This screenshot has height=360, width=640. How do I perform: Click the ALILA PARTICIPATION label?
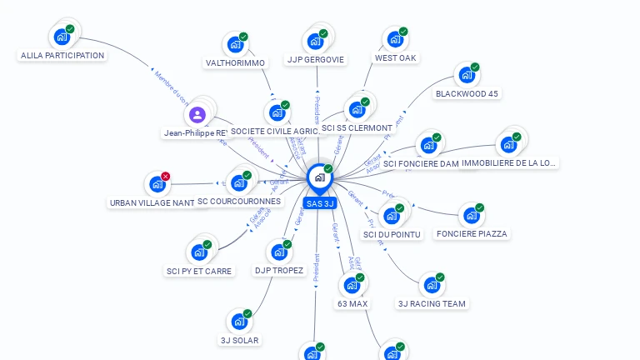pos(62,56)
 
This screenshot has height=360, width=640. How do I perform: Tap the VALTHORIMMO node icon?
pos(235,43)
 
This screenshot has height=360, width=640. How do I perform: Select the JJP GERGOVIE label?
pos(316,59)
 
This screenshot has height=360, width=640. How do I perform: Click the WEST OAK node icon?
pos(395,38)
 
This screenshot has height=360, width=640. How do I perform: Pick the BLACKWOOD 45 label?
pos(467,93)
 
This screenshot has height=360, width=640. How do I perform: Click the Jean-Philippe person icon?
pos(197,114)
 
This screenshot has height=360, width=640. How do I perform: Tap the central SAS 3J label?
pos(320,203)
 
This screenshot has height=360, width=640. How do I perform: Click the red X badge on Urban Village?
pos(165,177)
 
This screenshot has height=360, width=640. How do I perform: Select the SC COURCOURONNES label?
pos(239,202)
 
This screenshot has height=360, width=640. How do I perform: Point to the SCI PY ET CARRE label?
pos(199,271)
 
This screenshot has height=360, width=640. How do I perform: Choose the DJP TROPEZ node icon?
pos(278,251)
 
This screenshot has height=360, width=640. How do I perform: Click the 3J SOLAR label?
pos(239,340)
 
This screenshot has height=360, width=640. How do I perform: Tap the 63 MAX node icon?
pos(352,284)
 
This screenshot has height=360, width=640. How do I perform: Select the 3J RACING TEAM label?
pos(432,303)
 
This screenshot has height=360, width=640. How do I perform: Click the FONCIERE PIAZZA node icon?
pos(471,215)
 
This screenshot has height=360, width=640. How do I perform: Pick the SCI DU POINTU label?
pos(392,234)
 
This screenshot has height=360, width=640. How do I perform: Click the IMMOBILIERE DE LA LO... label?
pos(508,163)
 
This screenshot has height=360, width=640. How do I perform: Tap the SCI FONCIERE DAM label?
pos(421,164)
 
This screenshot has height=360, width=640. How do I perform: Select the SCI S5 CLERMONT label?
pos(357,128)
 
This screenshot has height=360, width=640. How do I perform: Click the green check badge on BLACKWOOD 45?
pos(475,67)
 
